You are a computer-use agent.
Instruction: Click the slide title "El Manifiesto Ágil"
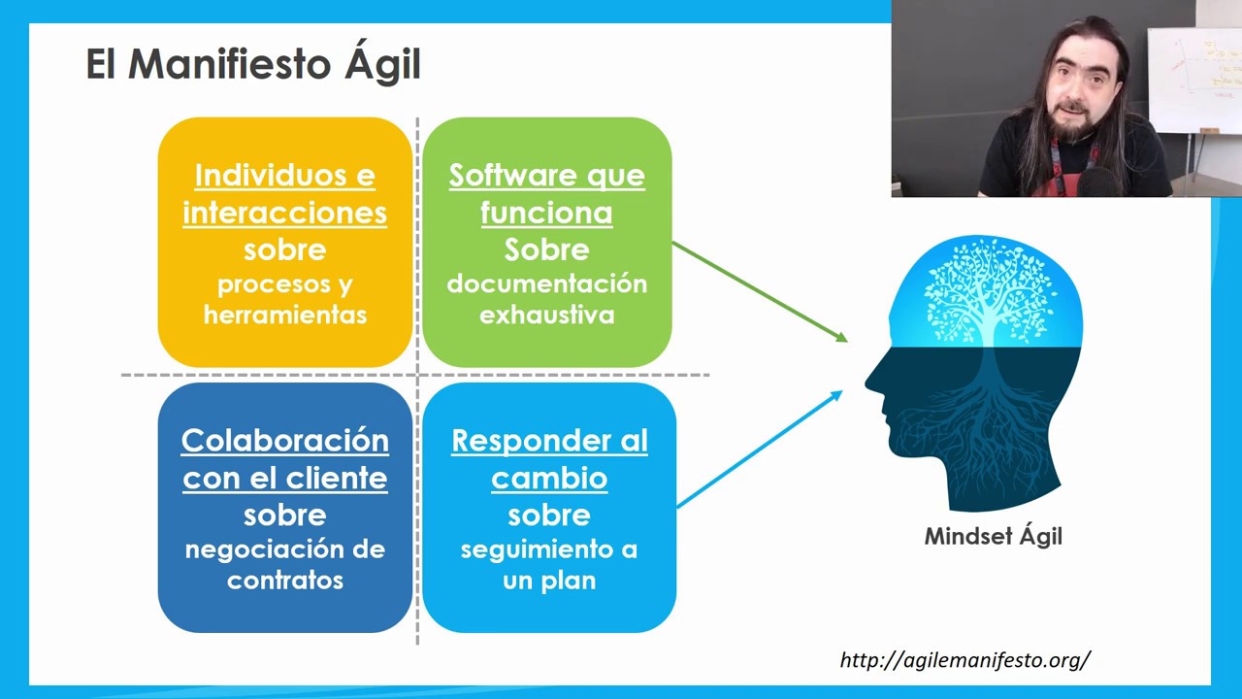[253, 65]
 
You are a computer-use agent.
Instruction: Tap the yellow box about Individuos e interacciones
[284, 242]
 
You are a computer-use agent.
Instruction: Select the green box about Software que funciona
[546, 242]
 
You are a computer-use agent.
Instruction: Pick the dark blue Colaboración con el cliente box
[284, 507]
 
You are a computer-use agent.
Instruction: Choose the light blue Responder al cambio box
[548, 507]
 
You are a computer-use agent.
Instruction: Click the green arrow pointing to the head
[759, 291]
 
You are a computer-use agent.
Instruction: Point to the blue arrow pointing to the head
[759, 449]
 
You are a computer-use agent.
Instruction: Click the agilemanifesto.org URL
[965, 660]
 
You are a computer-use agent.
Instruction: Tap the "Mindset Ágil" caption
[993, 536]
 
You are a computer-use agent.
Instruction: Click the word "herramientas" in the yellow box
[284, 316]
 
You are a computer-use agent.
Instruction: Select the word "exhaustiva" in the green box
[546, 316]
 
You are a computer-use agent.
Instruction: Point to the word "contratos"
[284, 581]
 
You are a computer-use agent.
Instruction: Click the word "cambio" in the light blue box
[549, 478]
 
